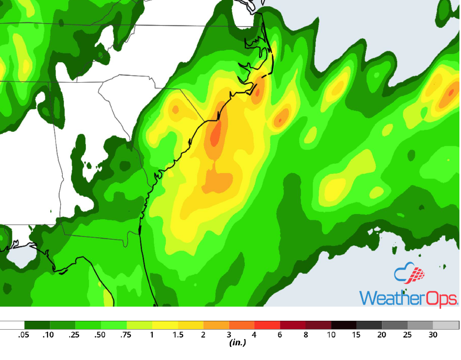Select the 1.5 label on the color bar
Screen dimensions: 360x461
[x=178, y=335]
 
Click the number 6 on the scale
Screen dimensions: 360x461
[x=280, y=335]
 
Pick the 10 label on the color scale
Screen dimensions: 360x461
[x=331, y=335]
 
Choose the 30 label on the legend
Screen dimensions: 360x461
[x=433, y=335]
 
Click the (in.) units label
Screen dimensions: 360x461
[x=238, y=343]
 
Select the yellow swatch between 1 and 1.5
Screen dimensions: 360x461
[x=165, y=325]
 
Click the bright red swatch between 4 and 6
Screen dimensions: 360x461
[x=267, y=325]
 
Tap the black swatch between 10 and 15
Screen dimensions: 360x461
[x=344, y=325]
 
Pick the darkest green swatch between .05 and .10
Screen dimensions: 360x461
[x=37, y=325]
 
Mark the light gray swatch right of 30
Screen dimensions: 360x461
[x=446, y=325]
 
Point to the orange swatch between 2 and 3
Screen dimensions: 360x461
[x=216, y=325]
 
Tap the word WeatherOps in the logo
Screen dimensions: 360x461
[x=408, y=298]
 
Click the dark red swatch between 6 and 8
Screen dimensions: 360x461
[x=293, y=325]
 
